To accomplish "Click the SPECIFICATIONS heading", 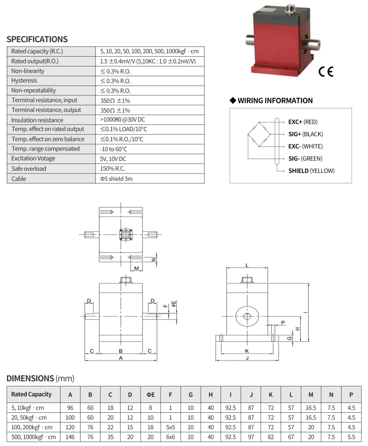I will (x=37, y=40).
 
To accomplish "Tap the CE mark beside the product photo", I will (x=326, y=72).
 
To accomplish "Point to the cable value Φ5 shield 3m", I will (x=116, y=178).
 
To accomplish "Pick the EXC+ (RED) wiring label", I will (x=303, y=122).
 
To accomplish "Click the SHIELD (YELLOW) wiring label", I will (x=311, y=171).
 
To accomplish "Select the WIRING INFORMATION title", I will (x=275, y=101).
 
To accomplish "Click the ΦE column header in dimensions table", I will (x=150, y=395).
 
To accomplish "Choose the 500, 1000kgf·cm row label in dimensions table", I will (x=34, y=437).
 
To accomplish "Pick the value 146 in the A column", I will (x=70, y=437).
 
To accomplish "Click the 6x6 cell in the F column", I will (x=170, y=437).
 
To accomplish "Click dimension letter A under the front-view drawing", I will (x=121, y=358).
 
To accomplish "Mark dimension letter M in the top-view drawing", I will (x=137, y=268).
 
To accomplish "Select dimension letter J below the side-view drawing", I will (x=247, y=358).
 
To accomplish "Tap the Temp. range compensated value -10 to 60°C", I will (x=114, y=149).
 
